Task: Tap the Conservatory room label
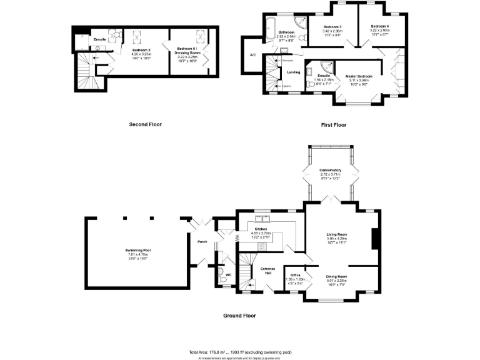(x=330, y=171)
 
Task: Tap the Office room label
(x=296, y=274)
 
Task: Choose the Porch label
(x=202, y=242)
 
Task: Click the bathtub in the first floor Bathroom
(x=271, y=28)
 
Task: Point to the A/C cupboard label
(x=252, y=55)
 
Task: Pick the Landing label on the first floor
(x=293, y=72)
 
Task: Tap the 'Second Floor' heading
(x=145, y=124)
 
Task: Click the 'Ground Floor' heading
(x=239, y=316)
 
